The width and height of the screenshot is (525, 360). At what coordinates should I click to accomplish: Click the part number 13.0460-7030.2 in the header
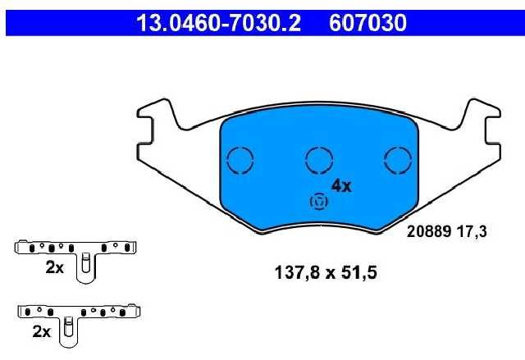(x=218, y=23)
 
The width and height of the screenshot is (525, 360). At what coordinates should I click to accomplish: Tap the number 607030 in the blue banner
(x=367, y=23)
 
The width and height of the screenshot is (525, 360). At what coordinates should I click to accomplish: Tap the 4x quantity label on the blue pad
(x=341, y=186)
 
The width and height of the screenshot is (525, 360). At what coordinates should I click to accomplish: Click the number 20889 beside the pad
(x=428, y=231)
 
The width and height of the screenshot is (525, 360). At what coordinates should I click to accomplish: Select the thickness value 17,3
(x=472, y=232)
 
